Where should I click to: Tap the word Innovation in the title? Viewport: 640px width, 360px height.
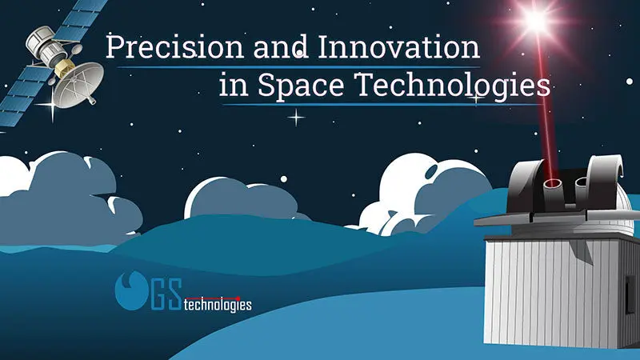pyautogui.click(x=398, y=46)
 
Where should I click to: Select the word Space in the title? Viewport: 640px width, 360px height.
pyautogui.click(x=301, y=86)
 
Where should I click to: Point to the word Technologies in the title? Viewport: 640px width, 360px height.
pyautogui.click(x=454, y=86)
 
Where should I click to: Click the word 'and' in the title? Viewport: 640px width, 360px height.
pyautogui.click(x=281, y=46)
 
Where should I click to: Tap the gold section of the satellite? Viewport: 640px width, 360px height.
pyautogui.click(x=64, y=68)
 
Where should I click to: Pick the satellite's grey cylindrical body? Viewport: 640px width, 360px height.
pyautogui.click(x=44, y=46)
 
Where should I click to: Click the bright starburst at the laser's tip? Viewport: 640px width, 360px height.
pyautogui.click(x=536, y=21)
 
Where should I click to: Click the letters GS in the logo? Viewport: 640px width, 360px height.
pyautogui.click(x=166, y=294)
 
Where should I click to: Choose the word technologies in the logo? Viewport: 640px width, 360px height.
pyautogui.click(x=218, y=305)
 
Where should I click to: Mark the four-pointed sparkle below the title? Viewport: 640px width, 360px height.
pyautogui.click(x=296, y=118)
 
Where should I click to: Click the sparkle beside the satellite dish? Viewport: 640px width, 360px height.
pyautogui.click(x=52, y=106)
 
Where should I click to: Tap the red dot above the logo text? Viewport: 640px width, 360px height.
pyautogui.click(x=238, y=298)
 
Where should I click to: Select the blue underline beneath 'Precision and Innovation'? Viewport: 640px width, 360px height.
pyautogui.click(x=298, y=67)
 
